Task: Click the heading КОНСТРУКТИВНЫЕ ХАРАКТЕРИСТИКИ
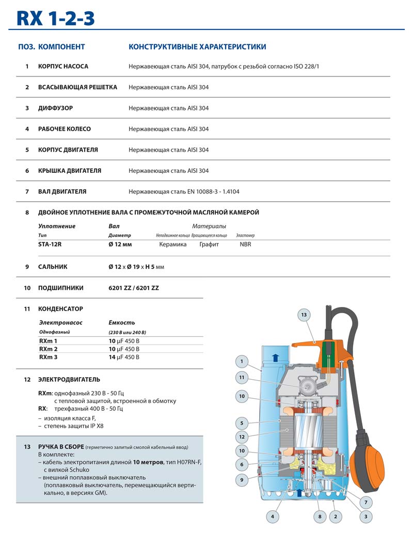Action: [197, 47]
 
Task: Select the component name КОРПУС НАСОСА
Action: [63, 67]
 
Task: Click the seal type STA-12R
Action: [50, 245]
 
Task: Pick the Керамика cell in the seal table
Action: [173, 245]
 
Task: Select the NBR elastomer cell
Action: [245, 245]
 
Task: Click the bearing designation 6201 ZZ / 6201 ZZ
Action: [134, 288]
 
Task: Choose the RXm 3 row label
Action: [48, 357]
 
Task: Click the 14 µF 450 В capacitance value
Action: [124, 357]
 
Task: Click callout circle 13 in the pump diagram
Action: [304, 314]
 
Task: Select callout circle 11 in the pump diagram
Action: [242, 378]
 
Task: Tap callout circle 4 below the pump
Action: [273, 516]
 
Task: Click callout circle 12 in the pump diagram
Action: [242, 436]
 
